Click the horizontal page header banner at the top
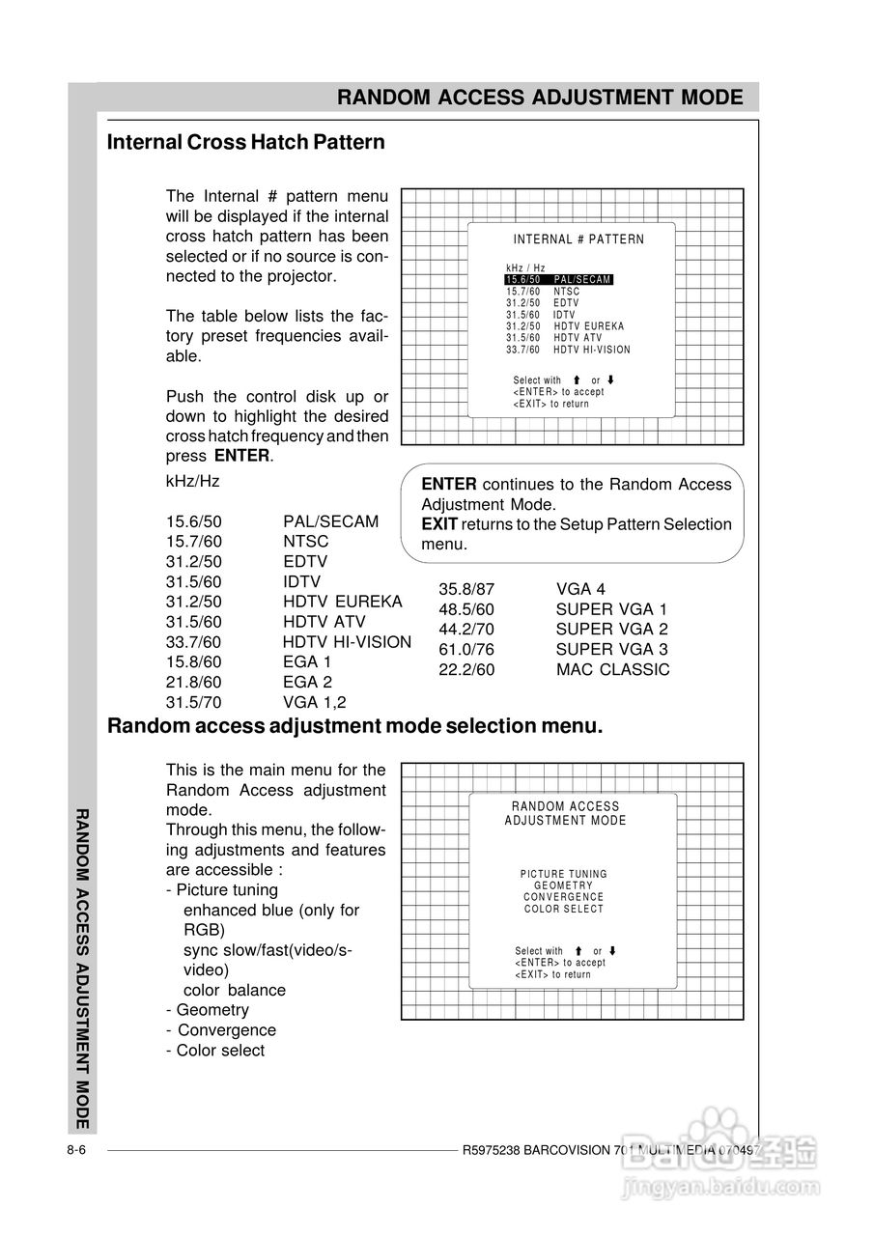point(540,98)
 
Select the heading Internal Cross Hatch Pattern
point(245,142)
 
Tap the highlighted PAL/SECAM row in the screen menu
point(559,279)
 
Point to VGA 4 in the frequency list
point(580,589)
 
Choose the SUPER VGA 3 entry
point(611,649)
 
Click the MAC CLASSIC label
point(612,669)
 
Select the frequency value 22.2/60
point(466,669)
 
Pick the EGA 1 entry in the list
point(307,661)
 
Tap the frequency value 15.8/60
point(193,661)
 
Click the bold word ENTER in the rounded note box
point(449,484)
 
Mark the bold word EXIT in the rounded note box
point(439,524)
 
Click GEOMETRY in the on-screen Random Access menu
point(564,885)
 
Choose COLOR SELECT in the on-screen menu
point(564,909)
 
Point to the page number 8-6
point(78,1150)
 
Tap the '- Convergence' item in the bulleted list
point(220,1030)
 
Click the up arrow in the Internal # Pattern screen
point(577,380)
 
